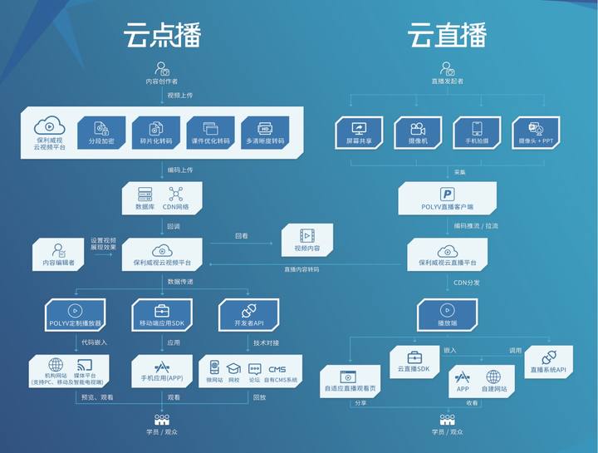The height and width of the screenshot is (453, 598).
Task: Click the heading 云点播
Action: pos(163,34)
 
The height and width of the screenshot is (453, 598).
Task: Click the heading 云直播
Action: pos(446,34)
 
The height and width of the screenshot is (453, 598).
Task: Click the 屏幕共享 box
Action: pos(360,132)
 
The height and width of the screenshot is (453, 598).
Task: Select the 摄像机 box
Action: pos(418,132)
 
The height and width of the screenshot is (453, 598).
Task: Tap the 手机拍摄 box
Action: pos(477,132)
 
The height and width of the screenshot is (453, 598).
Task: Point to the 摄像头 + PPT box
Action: pos(536,132)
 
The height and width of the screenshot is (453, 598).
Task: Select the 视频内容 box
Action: pos(307,239)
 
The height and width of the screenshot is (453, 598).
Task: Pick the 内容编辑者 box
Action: pos(59,254)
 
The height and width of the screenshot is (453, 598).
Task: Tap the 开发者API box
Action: pos(250,315)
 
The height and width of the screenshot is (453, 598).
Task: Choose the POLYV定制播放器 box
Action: pos(76,315)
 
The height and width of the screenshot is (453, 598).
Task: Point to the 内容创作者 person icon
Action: pos(163,70)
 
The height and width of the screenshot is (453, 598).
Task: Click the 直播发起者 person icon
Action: pos(447,70)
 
